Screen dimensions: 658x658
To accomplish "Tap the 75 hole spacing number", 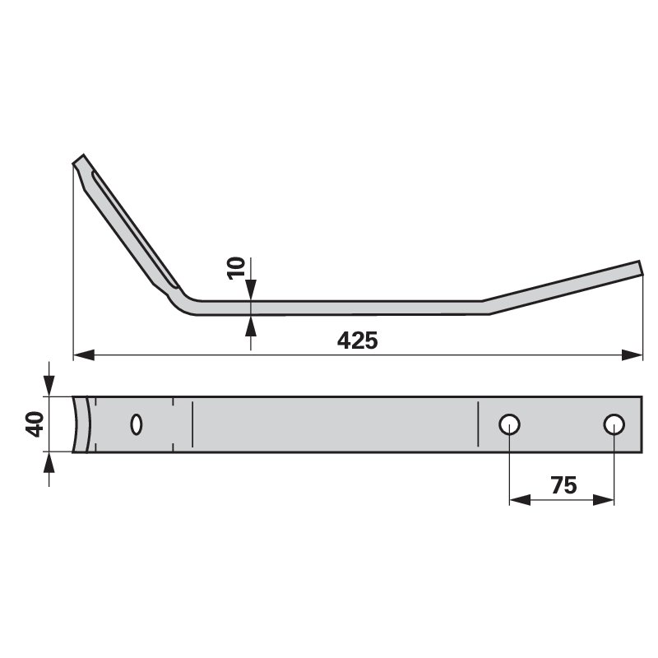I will pyautogui.click(x=563, y=485).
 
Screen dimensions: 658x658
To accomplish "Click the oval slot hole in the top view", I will pyautogui.click(x=137, y=424).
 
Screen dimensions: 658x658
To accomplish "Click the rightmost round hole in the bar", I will pyautogui.click(x=614, y=424).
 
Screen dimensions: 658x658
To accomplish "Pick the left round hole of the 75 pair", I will pyautogui.click(x=510, y=424).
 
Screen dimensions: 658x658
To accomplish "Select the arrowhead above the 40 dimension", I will pyautogui.click(x=49, y=386).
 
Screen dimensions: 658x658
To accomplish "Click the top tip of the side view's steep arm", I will pyautogui.click(x=79, y=159).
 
